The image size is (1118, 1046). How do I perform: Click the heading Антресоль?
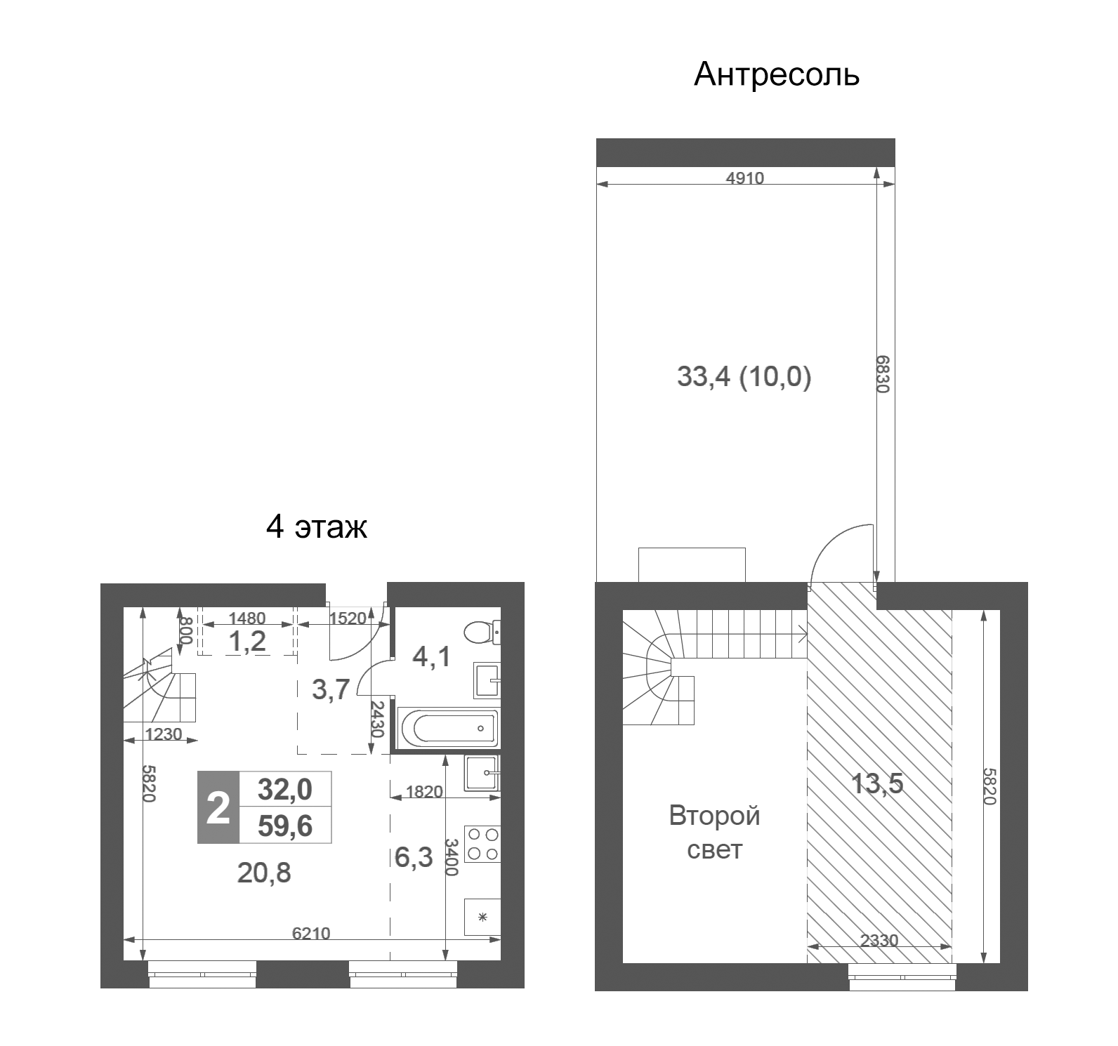pyautogui.click(x=776, y=74)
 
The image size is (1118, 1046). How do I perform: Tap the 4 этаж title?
pyautogui.click(x=317, y=527)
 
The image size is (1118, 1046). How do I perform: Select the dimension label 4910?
pyautogui.click(x=744, y=178)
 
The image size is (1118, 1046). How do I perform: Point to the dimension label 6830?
pyautogui.click(x=883, y=374)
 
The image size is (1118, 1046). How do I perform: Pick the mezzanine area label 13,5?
pyautogui.click(x=877, y=783)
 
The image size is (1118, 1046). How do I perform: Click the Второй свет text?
pyautogui.click(x=714, y=833)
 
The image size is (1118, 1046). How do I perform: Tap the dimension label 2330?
pyautogui.click(x=879, y=941)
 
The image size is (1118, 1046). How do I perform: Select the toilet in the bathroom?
pyautogui.click(x=484, y=632)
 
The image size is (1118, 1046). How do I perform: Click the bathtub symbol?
pyautogui.click(x=448, y=729)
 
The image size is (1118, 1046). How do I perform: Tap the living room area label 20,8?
pyautogui.click(x=264, y=873)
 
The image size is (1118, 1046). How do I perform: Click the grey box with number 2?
pyautogui.click(x=218, y=808)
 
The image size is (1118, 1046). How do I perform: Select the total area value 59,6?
pyautogui.click(x=285, y=827)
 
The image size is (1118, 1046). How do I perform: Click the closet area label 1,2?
pyautogui.click(x=248, y=641)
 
